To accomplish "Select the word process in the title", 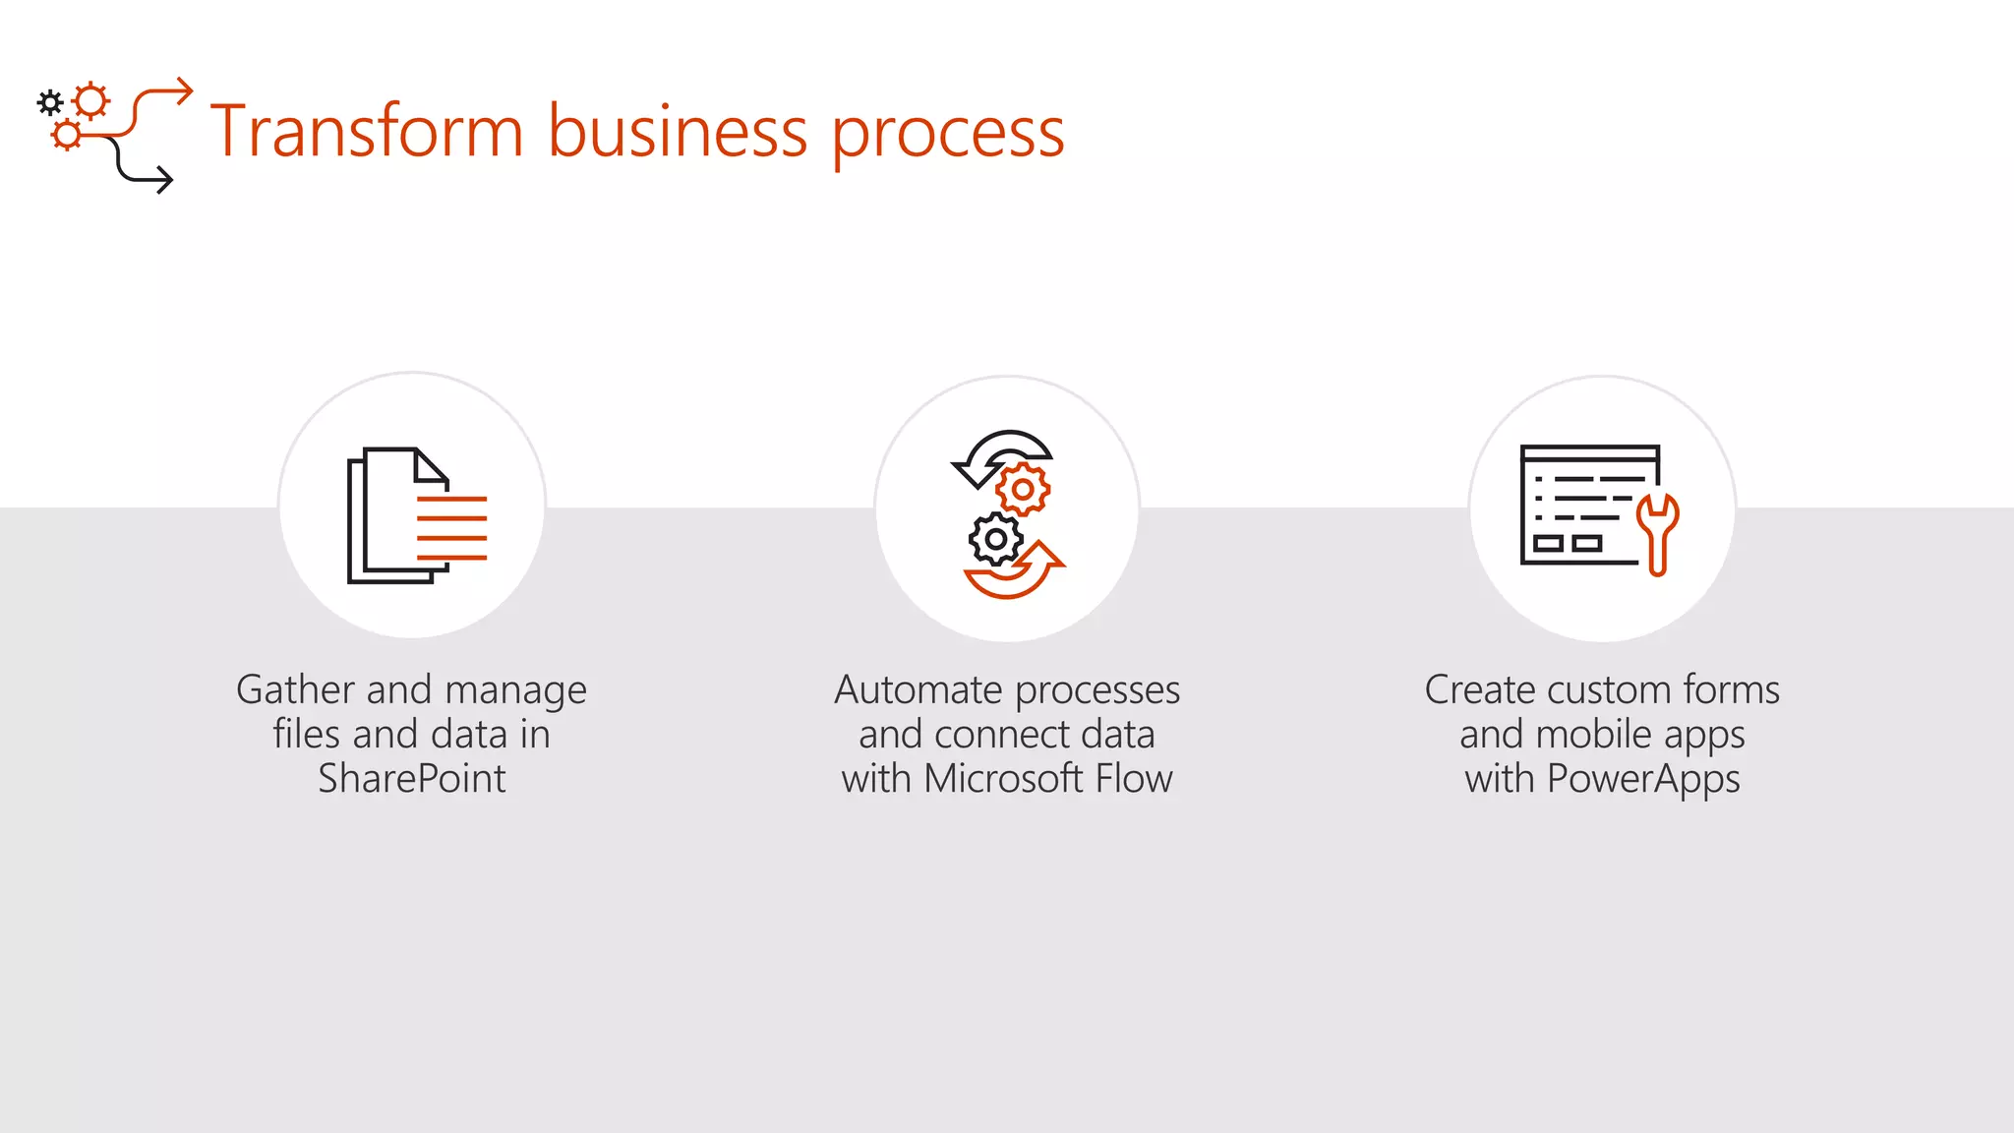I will coord(948,136).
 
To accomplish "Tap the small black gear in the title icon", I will coord(50,102).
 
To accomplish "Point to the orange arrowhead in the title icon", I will coord(183,91).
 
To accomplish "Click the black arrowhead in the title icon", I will coord(163,180).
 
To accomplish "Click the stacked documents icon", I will coord(393,515).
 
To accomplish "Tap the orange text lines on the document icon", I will coord(451,528).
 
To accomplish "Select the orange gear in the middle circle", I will coord(1023,489).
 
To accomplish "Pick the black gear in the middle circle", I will coord(995,539).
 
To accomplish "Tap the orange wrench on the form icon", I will coord(1658,532).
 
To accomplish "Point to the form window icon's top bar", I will coord(1589,452).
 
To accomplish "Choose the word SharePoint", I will coord(411,779).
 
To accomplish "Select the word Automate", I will coord(918,689).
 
